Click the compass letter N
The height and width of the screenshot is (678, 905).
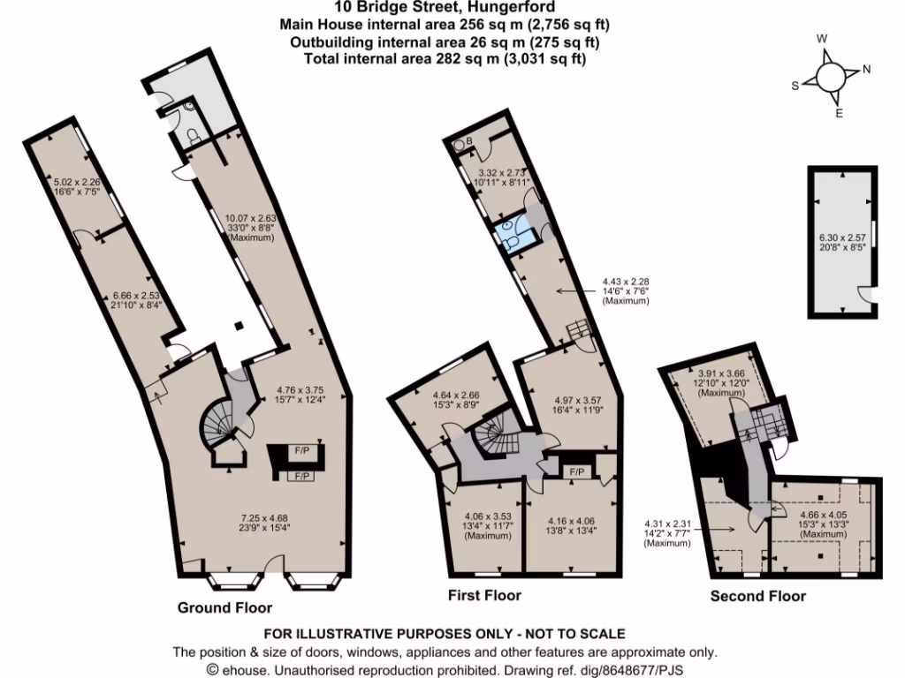pyautogui.click(x=867, y=70)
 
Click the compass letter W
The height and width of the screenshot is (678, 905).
pyautogui.click(x=821, y=39)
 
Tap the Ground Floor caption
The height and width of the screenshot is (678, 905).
pyautogui.click(x=224, y=607)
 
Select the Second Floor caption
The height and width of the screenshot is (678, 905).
pyautogui.click(x=758, y=597)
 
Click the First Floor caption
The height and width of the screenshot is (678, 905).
pyautogui.click(x=485, y=595)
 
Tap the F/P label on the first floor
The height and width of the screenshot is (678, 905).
pyautogui.click(x=579, y=472)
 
